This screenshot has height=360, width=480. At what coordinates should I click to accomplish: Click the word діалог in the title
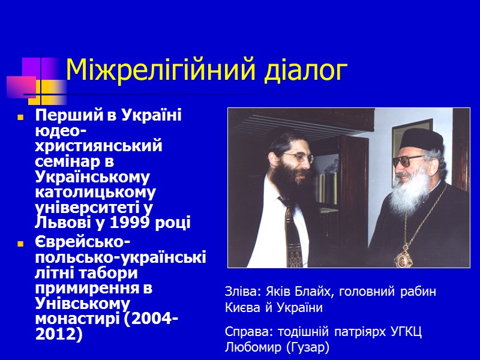[x=307, y=71]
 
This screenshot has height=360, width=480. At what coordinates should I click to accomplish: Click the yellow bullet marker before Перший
[x=20, y=116]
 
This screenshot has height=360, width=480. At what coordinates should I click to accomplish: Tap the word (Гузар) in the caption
[x=306, y=347]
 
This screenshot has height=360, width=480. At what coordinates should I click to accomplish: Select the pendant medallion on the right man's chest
[x=401, y=257]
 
